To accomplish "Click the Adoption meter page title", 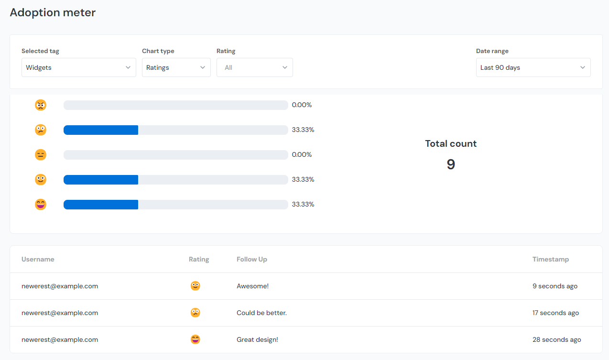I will pos(53,12).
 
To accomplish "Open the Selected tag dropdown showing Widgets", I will pos(78,67).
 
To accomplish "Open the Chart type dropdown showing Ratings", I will pos(176,67).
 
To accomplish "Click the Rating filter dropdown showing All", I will pos(254,67).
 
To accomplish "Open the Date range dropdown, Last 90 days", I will pos(533,67).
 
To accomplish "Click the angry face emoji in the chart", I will pos(41,105).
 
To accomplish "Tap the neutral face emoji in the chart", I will pos(41,155).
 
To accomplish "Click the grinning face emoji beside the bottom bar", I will pos(41,205).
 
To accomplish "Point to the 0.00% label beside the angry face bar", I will pos(302,105).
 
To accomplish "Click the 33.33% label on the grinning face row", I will pos(303,204).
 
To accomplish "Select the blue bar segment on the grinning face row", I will pos(101,205).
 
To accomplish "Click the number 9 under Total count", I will pos(451,164).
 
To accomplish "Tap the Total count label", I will pos(451,143).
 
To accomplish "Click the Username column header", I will pos(38,259).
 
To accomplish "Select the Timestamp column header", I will pos(551,259).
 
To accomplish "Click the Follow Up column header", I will pos(252,259).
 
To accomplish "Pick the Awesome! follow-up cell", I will pos(252,286).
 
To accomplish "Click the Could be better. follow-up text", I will pos(261,313).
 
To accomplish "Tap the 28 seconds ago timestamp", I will pos(557,339).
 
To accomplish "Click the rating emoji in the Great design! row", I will pos(195,339).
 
